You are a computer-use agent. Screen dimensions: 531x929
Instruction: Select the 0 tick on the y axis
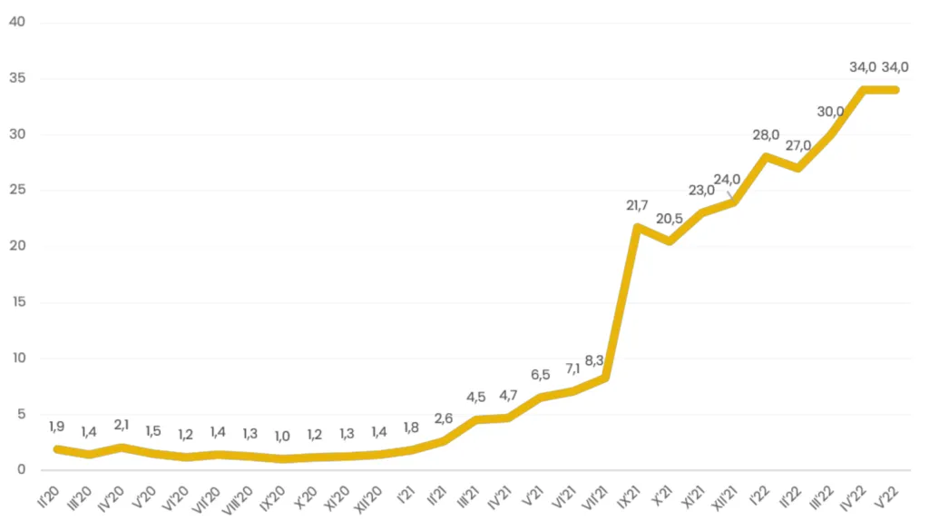(x=20, y=469)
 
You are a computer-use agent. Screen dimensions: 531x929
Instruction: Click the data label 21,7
(x=637, y=205)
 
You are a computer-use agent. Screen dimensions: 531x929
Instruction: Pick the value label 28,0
(x=766, y=135)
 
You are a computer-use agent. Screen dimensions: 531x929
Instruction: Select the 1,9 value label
(x=55, y=428)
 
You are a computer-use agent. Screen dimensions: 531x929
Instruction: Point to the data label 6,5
(x=539, y=374)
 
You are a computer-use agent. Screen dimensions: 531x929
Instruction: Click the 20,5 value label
(x=669, y=219)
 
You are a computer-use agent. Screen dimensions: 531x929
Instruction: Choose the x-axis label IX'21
(x=631, y=496)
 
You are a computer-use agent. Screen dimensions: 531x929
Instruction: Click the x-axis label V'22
(x=890, y=494)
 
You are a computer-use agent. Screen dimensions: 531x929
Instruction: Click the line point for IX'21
(x=637, y=227)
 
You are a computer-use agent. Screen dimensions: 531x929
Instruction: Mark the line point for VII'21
(x=605, y=377)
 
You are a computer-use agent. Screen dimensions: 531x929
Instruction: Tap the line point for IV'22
(x=864, y=90)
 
